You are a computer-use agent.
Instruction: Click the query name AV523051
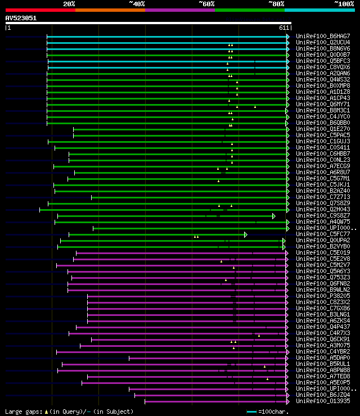tap(21, 18)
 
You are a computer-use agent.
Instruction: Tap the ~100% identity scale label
tap(344, 4)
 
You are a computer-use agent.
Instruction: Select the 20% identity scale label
tap(69, 4)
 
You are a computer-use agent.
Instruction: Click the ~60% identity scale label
tap(206, 4)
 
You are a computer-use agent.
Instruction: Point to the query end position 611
tap(284, 28)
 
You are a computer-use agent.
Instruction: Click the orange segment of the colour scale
tap(110, 10)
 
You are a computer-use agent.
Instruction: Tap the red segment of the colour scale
tap(40, 10)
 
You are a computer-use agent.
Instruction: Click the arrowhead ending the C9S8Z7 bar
tap(274, 216)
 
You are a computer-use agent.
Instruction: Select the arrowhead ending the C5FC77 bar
tap(246, 234)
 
